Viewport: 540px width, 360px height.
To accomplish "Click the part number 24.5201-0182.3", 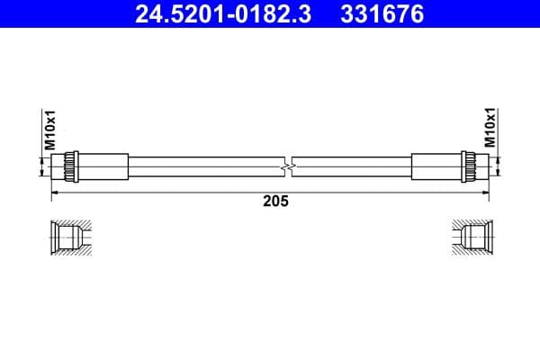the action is pyautogui.click(x=223, y=14).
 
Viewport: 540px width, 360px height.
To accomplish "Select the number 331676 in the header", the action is pyautogui.click(x=382, y=14).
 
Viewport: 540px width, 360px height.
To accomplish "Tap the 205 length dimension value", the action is pyautogui.click(x=275, y=201).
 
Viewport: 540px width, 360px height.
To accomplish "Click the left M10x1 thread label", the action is pyautogui.click(x=50, y=130).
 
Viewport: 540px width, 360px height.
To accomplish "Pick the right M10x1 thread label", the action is pyautogui.click(x=490, y=127).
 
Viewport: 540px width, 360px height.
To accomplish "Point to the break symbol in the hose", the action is pyautogui.click(x=288, y=167).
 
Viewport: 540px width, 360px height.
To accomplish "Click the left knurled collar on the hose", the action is pyautogui.click(x=71, y=166).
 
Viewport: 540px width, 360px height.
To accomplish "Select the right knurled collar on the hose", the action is pyautogui.click(x=468, y=166).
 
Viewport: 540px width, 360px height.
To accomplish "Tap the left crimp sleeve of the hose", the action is pyautogui.click(x=103, y=166).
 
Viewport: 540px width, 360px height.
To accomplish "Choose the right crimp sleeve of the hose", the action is pyautogui.click(x=436, y=166).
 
